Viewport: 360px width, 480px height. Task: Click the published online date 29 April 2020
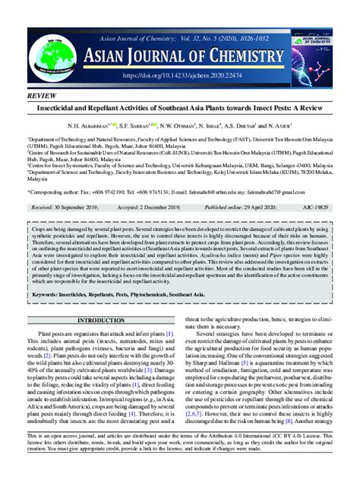(x=266, y=207)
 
